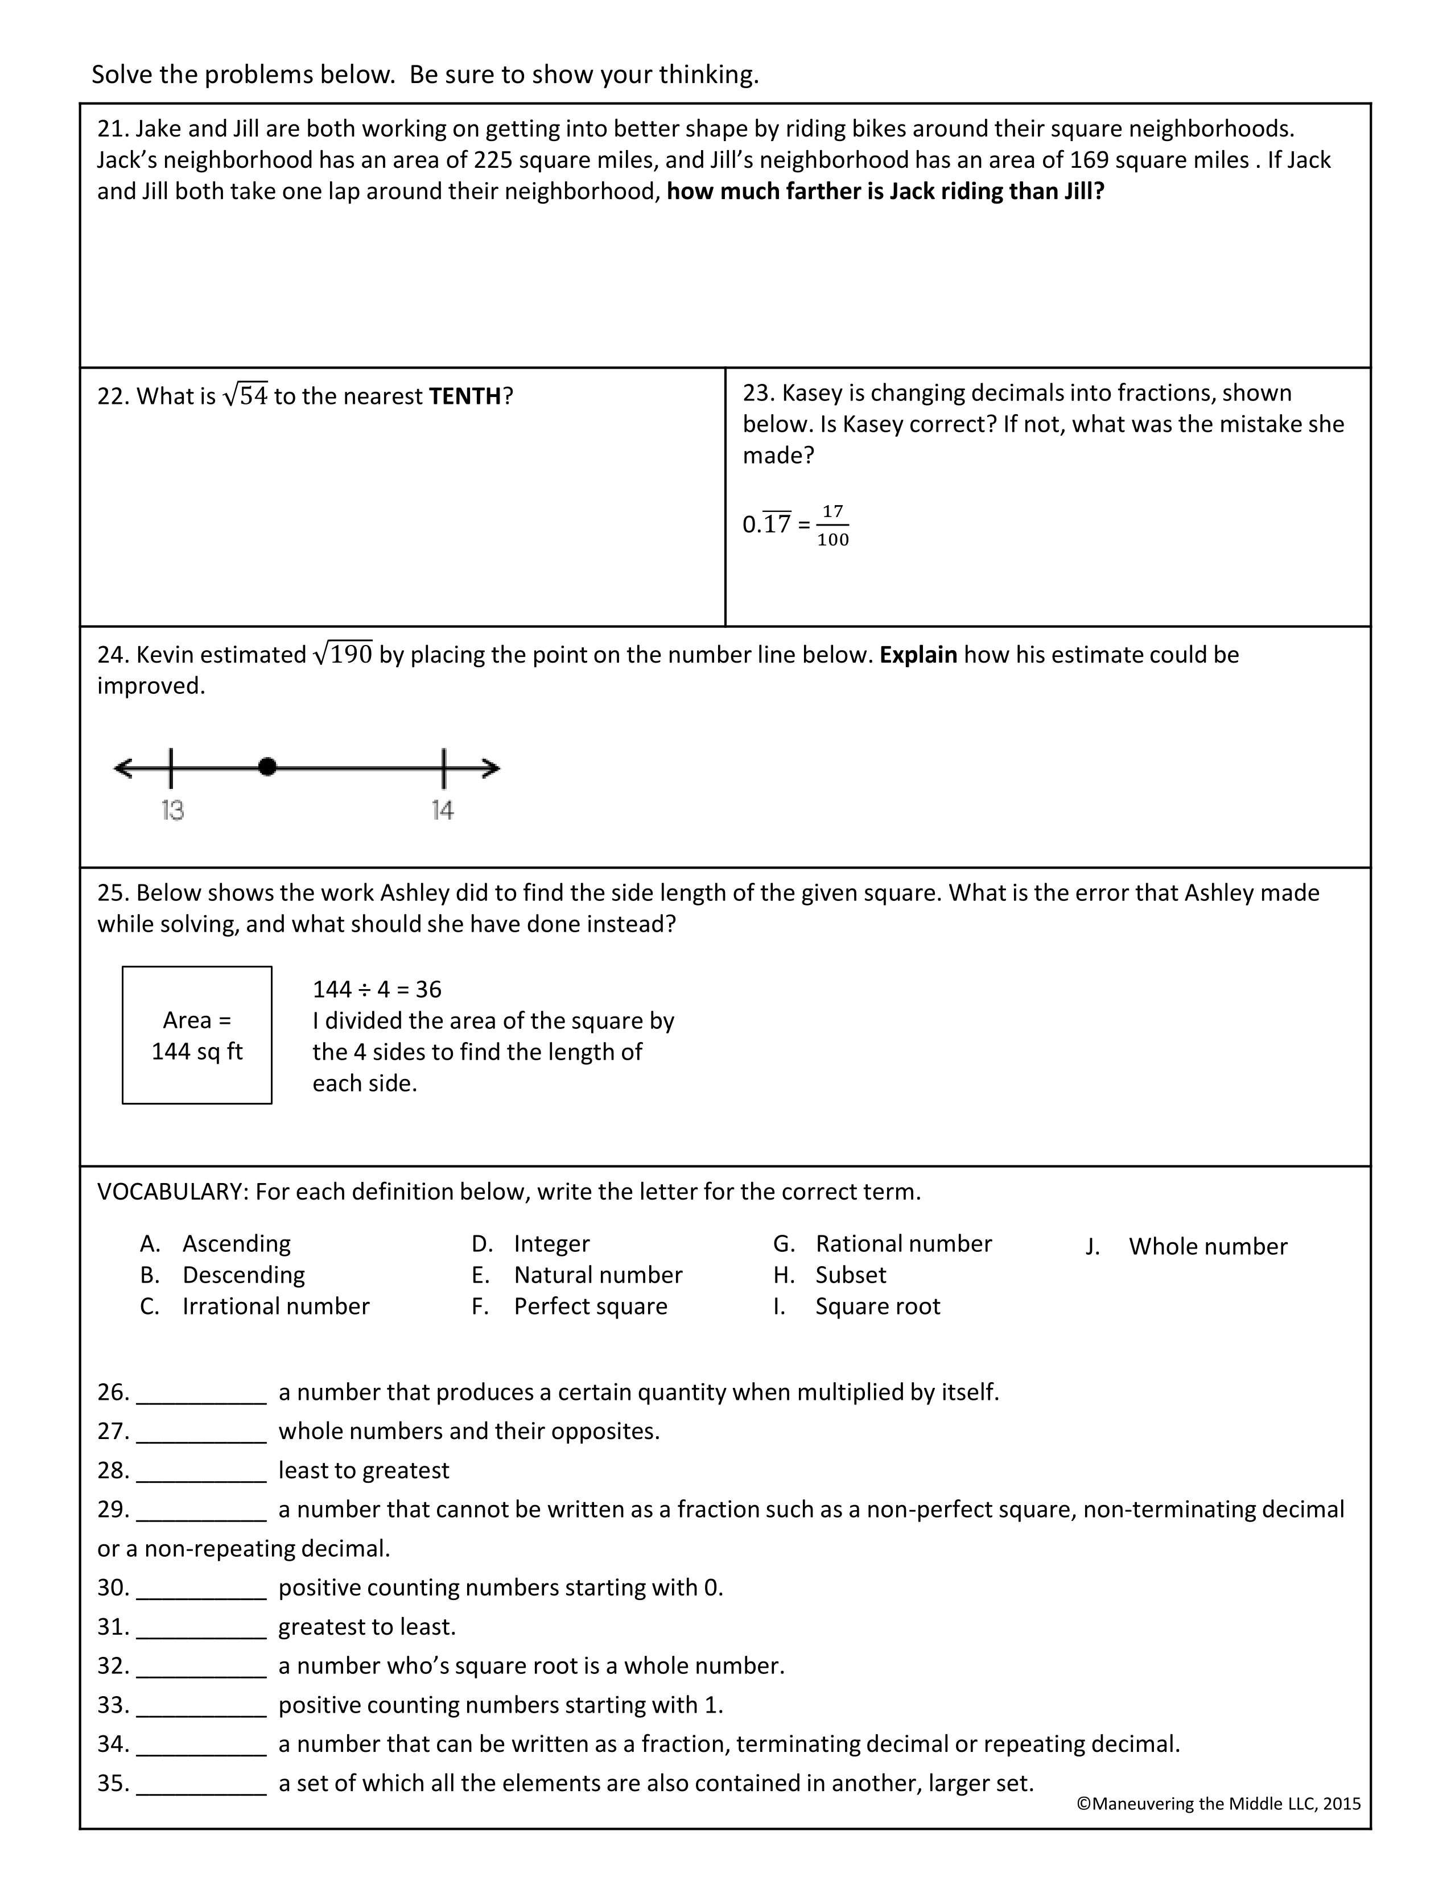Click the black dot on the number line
pyautogui.click(x=267, y=767)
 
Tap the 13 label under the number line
pyautogui.click(x=173, y=811)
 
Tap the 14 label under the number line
pyautogui.click(x=443, y=811)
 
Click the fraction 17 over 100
pyautogui.click(x=832, y=525)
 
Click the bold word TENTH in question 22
pyautogui.click(x=465, y=396)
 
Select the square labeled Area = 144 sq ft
pyautogui.click(x=197, y=1035)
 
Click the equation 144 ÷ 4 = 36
pyautogui.click(x=377, y=989)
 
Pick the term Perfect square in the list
pyautogui.click(x=591, y=1307)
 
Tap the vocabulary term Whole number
pyautogui.click(x=1207, y=1246)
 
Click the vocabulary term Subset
pyautogui.click(x=850, y=1275)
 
